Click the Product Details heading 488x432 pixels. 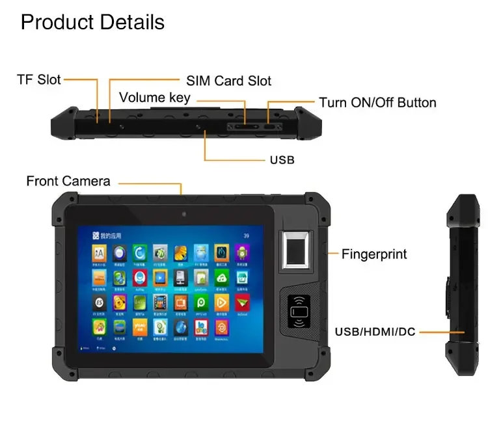click(92, 22)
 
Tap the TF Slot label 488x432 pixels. click(38, 80)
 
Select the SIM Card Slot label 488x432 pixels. click(228, 81)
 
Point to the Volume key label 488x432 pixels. click(154, 98)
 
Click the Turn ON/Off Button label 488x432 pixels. click(377, 103)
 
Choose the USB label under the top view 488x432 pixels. click(282, 159)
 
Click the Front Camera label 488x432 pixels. click(68, 181)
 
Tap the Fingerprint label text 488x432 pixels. click(375, 254)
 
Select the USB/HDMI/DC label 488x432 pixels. click(375, 332)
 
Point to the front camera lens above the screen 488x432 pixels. click(184, 215)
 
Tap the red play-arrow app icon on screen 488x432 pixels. click(242, 302)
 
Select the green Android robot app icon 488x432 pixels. click(242, 252)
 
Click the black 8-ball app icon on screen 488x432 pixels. click(99, 302)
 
